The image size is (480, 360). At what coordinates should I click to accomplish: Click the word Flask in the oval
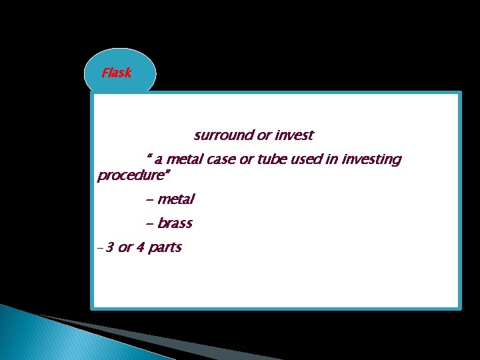(117, 73)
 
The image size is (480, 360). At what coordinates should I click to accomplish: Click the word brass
(175, 223)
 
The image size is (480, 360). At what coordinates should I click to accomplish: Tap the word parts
(165, 248)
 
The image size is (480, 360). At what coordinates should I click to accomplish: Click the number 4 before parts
(140, 248)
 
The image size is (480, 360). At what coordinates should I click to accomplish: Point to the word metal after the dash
(176, 199)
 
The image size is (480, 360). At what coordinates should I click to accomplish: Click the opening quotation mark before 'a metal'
(149, 157)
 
